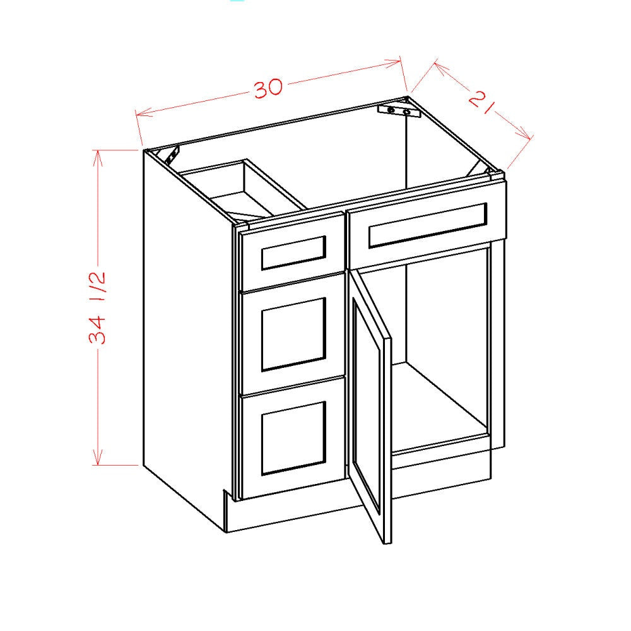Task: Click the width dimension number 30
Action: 268,89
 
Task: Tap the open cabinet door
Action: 371,404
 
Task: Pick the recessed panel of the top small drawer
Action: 293,253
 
